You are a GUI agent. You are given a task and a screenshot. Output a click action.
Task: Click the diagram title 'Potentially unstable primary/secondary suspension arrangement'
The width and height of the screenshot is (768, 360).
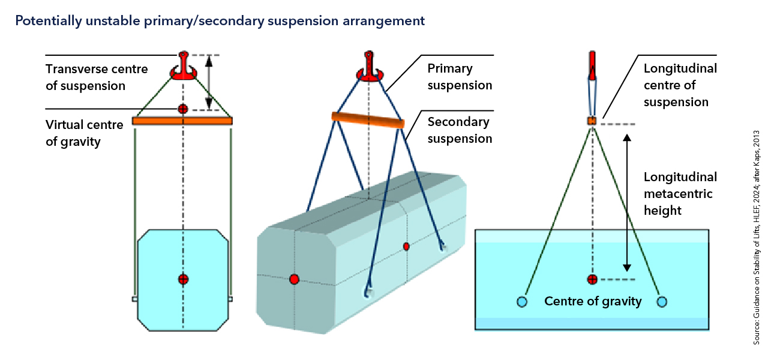(x=220, y=21)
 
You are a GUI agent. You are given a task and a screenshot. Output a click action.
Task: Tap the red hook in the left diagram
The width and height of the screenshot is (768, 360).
(x=183, y=67)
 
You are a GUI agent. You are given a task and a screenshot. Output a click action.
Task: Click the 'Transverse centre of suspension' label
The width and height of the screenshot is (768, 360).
(x=97, y=77)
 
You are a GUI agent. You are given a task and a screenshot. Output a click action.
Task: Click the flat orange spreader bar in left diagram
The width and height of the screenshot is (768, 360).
(x=182, y=121)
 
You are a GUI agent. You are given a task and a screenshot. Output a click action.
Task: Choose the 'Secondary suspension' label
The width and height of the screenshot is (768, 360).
(x=460, y=130)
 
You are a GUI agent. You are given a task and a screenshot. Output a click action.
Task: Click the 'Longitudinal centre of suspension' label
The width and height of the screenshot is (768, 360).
(x=680, y=85)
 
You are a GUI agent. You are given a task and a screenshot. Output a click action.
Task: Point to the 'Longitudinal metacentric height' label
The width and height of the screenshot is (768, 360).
(x=680, y=194)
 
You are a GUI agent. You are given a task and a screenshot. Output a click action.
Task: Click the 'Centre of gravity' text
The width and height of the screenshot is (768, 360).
(x=593, y=301)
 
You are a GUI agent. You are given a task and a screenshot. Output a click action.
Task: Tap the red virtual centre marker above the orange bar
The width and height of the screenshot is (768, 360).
(x=183, y=109)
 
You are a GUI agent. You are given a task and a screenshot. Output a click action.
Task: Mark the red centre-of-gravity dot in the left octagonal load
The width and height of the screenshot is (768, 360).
(x=183, y=278)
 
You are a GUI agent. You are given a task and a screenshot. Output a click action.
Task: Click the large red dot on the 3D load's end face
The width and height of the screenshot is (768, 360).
(x=294, y=279)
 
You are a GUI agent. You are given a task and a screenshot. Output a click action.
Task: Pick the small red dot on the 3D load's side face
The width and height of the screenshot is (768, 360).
(x=406, y=246)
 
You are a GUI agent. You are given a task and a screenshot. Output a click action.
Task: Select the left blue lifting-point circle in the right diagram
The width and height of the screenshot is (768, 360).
(x=521, y=301)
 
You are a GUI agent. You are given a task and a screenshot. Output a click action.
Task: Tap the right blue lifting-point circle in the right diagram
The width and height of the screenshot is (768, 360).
(x=662, y=301)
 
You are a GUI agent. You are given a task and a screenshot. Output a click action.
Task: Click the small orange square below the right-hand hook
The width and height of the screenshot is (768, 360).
(x=592, y=121)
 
